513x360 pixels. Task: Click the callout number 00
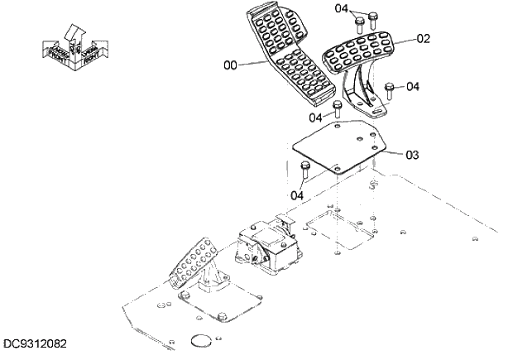coord(230,64)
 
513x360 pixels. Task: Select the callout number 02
coord(423,38)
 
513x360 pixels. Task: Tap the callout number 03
coord(413,154)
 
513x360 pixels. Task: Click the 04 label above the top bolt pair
coord(342,8)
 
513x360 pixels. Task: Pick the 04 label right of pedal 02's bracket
coord(413,86)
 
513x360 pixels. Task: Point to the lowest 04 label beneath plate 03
coord(296,194)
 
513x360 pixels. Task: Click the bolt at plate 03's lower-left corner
coord(305,171)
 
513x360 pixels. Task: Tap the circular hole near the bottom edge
coord(202,338)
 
